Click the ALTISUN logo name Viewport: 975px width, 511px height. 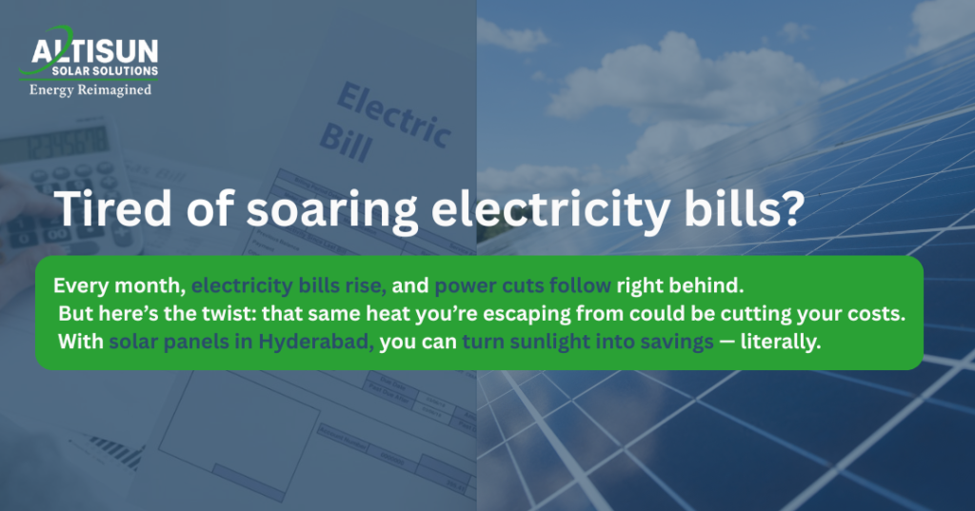(95, 51)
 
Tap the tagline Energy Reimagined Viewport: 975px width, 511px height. (90, 90)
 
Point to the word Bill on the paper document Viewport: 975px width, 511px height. (345, 139)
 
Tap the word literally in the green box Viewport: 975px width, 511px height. (780, 341)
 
